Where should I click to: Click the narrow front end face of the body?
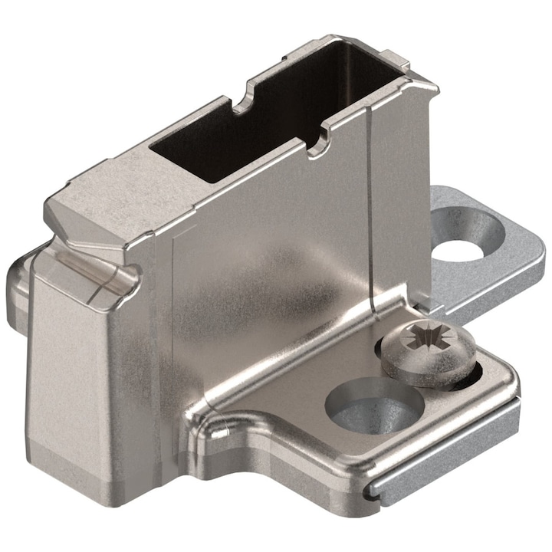(69, 368)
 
